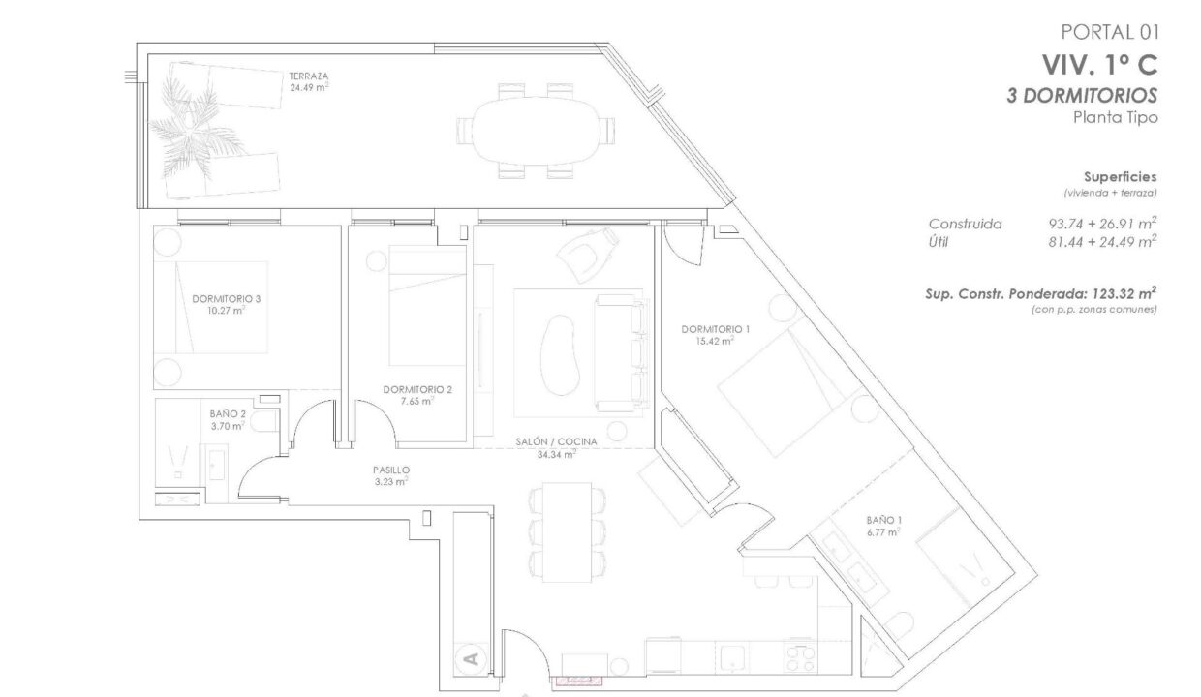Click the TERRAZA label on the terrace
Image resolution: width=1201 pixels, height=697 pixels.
tap(308, 76)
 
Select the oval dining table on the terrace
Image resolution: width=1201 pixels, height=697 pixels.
tap(535, 131)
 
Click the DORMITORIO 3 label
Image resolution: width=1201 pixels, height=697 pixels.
tap(227, 298)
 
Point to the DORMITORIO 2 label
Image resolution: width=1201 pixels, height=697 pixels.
tap(417, 389)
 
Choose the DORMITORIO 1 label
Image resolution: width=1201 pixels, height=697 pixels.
tap(715, 329)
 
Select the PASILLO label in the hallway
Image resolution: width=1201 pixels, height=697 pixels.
tap(391, 470)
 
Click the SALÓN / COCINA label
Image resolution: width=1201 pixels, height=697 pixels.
tap(556, 441)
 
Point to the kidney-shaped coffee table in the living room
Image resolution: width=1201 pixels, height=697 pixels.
tap(559, 354)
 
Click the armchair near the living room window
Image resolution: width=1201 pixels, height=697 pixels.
tap(588, 254)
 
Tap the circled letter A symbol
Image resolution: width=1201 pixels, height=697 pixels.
tap(472, 658)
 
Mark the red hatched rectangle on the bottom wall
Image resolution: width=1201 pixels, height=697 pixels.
tap(578, 681)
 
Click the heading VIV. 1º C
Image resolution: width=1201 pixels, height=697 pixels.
tap(1099, 66)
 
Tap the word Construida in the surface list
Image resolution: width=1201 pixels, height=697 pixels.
tap(965, 224)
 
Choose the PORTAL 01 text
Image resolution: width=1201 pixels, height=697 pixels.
tap(1110, 33)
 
